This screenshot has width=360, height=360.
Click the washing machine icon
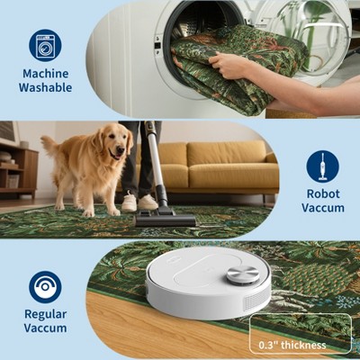(45, 45)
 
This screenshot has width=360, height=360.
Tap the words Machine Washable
(45, 81)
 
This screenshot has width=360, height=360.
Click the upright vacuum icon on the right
(322, 166)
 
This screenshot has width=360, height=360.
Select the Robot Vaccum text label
(322, 201)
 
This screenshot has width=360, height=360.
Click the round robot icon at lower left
(45, 287)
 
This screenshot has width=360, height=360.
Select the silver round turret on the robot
(242, 273)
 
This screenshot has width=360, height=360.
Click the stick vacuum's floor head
(165, 219)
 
